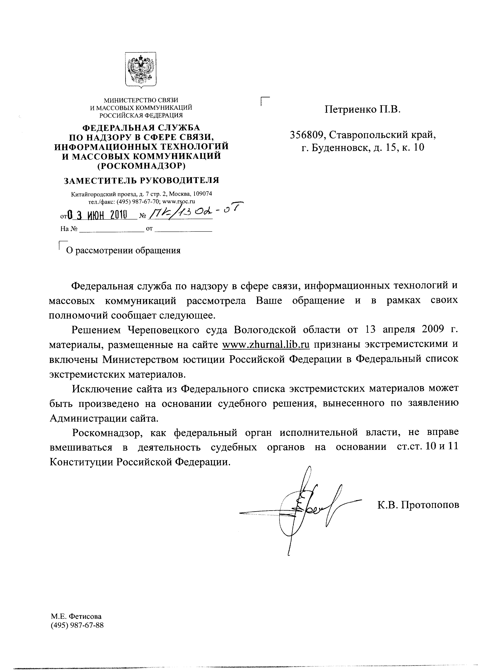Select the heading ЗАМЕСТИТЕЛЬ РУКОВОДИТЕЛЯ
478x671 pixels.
142,180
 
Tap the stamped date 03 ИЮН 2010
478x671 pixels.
97,215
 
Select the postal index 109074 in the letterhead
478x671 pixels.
202,194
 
